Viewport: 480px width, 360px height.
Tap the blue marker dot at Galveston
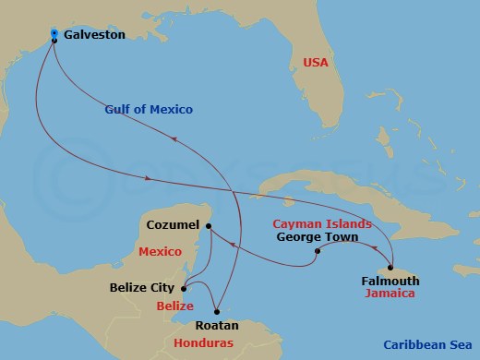pos(54,34)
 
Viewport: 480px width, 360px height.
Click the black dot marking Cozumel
pos(209,225)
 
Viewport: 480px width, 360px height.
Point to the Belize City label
pos(141,287)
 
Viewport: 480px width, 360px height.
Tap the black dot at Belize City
pos(183,287)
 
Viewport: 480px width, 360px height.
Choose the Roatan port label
pos(218,325)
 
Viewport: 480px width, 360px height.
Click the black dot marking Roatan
pos(218,311)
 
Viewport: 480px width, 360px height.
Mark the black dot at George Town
pos(317,251)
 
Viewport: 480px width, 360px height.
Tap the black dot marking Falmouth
pos(391,268)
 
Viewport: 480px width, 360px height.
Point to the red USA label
pos(317,63)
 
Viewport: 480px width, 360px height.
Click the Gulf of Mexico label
pos(148,109)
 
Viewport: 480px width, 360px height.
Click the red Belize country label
pos(175,304)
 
